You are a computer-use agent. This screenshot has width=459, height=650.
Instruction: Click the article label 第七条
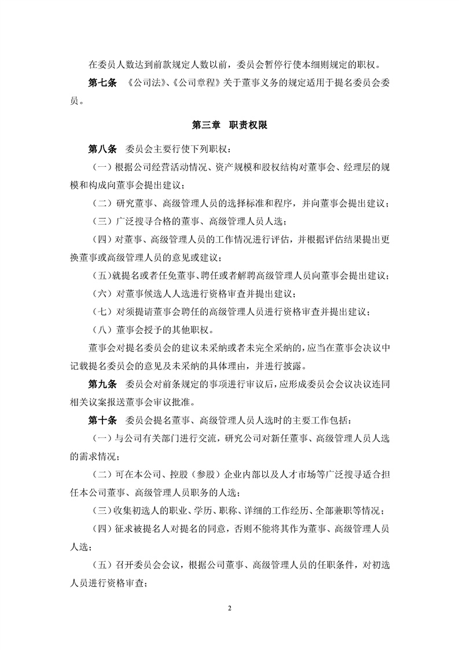[102, 83]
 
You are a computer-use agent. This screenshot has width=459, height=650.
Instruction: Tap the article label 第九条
[102, 385]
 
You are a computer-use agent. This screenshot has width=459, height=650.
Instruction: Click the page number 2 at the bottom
[230, 609]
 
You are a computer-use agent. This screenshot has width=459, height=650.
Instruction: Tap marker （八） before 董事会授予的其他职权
[104, 331]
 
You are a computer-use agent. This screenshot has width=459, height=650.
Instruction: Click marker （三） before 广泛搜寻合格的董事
[104, 221]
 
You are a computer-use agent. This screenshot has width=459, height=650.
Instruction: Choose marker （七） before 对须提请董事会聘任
[104, 312]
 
